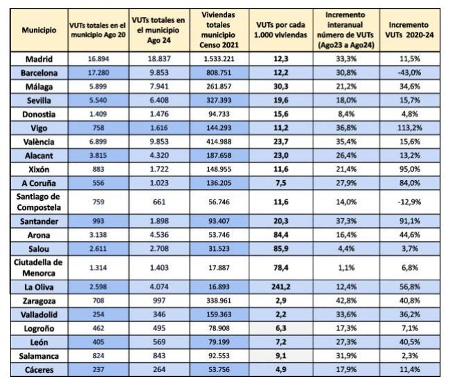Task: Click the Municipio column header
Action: pos(39,30)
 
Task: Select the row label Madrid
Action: pos(39,59)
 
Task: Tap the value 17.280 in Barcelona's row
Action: pos(99,73)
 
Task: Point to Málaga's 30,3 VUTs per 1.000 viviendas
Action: pos(281,87)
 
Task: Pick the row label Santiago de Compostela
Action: pos(39,201)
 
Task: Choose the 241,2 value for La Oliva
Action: pos(281,287)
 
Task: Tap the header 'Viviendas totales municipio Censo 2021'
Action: pos(219,30)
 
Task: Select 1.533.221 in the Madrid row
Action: pos(219,59)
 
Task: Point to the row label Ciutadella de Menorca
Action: pos(39,267)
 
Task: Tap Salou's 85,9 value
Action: pos(281,249)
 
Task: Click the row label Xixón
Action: pos(39,169)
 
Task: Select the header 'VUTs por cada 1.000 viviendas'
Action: pos(281,30)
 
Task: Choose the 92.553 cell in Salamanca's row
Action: pos(219,356)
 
